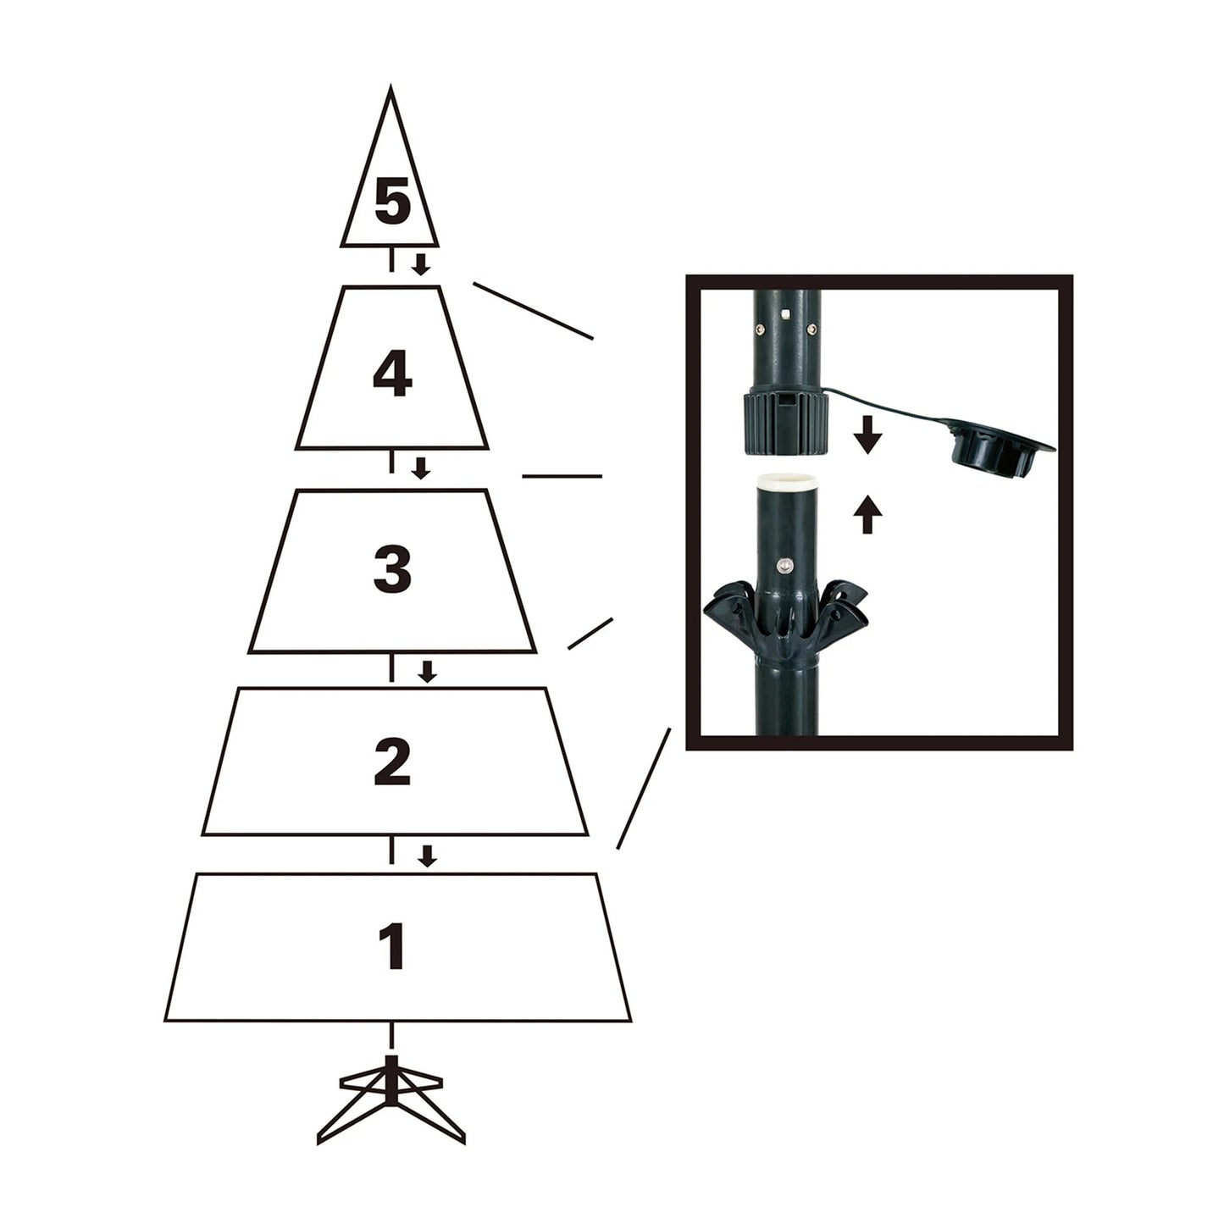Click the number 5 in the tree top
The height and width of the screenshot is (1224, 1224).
pyautogui.click(x=391, y=203)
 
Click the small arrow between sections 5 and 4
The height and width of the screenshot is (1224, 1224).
pyautogui.click(x=420, y=263)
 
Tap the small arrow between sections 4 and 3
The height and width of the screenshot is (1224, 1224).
pyautogui.click(x=420, y=467)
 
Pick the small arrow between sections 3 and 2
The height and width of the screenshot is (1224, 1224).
pyautogui.click(x=428, y=672)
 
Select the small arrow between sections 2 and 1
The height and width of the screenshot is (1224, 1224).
pyautogui.click(x=428, y=856)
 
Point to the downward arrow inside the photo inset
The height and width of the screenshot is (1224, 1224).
pyautogui.click(x=867, y=436)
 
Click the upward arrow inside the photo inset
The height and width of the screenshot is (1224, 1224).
pyautogui.click(x=867, y=514)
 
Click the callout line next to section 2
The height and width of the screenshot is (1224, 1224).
pyautogui.click(x=643, y=788)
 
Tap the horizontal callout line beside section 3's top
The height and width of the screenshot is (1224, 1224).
pyautogui.click(x=562, y=476)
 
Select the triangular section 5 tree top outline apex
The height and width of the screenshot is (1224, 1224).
pyautogui.click(x=390, y=88)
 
